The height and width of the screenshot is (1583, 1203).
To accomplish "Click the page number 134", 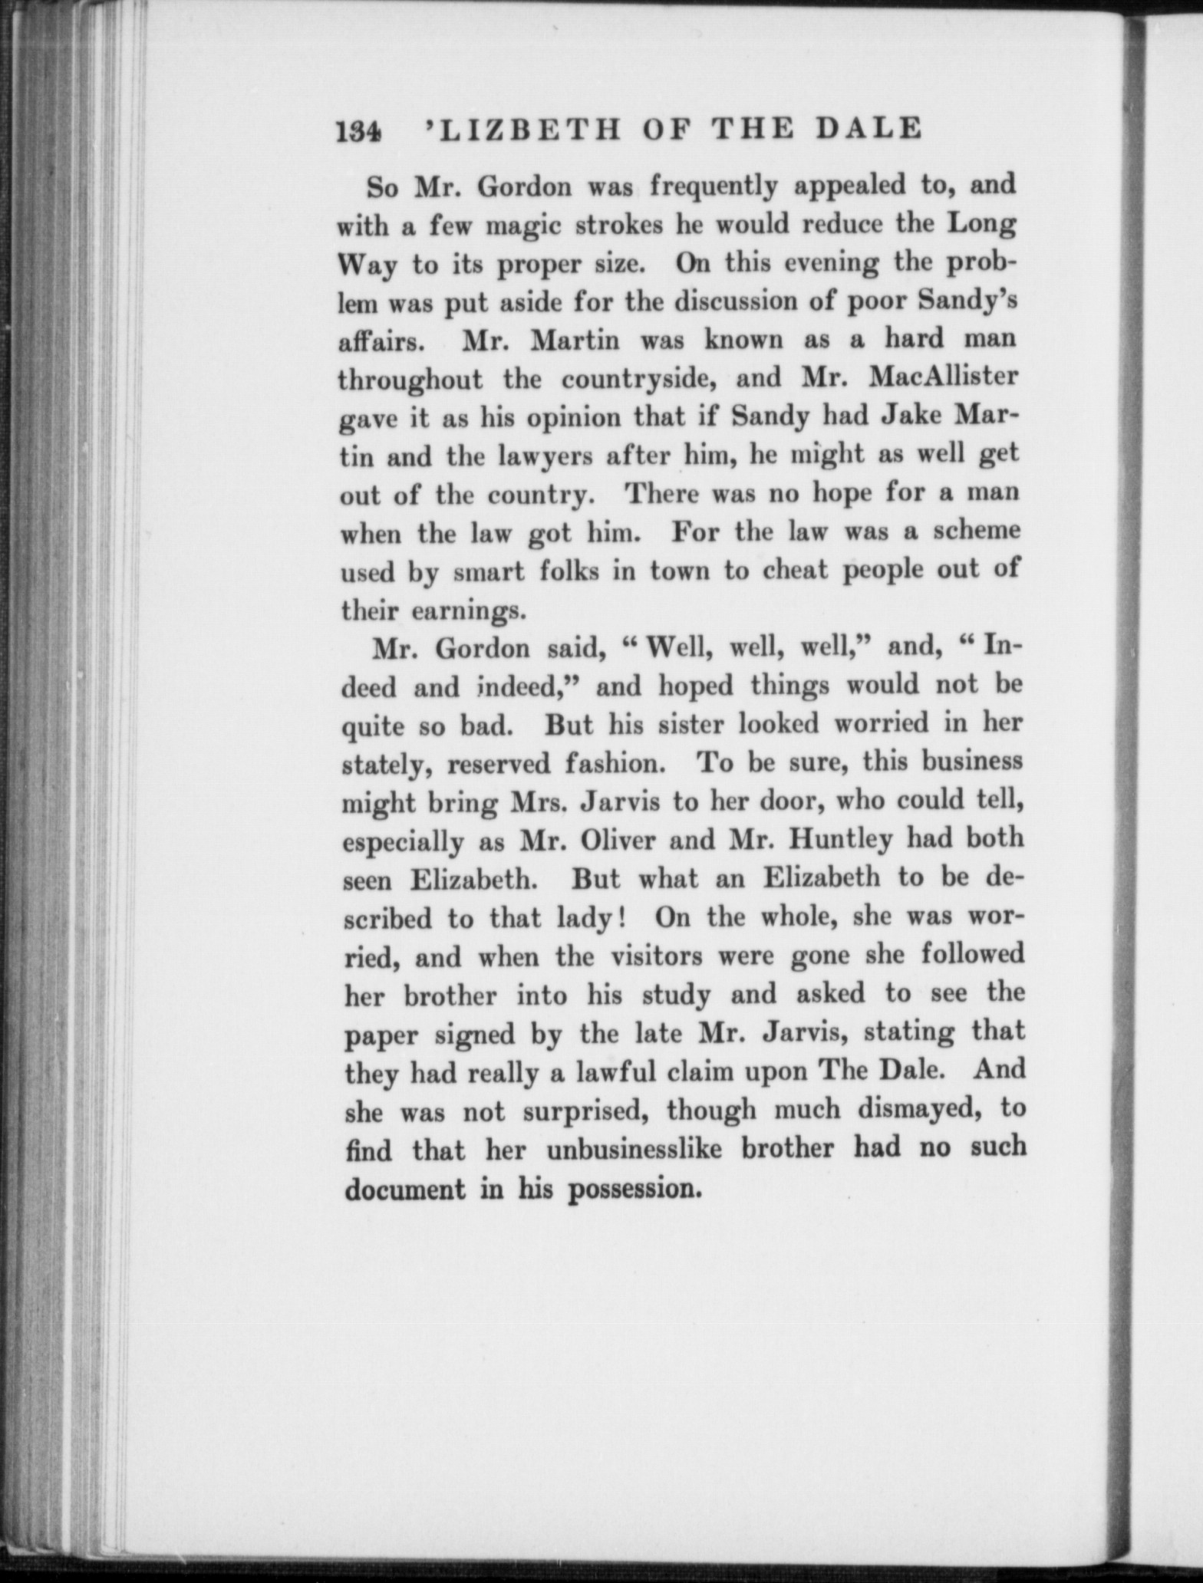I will [x=359, y=130].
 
